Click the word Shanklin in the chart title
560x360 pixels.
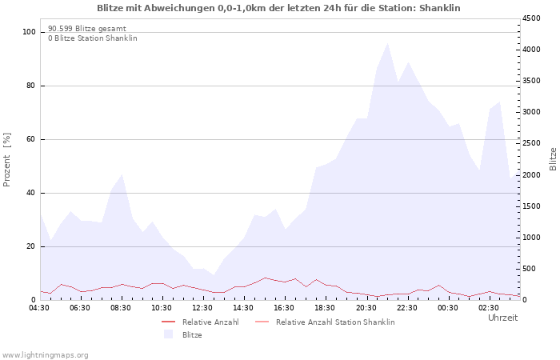click(x=440, y=8)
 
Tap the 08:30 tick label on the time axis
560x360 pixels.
click(x=121, y=308)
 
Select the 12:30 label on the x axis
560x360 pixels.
click(x=202, y=308)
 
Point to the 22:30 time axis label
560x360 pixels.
click(x=407, y=308)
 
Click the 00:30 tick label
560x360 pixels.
click(x=448, y=308)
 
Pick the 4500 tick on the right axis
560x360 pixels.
click(x=531, y=18)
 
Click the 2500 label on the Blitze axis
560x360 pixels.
click(x=531, y=143)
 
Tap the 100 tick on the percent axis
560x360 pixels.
click(x=30, y=32)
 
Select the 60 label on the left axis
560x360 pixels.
click(x=30, y=139)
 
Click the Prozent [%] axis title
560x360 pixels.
click(x=6, y=160)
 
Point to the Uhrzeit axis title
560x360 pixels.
click(x=503, y=318)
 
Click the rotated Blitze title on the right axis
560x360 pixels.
click(x=553, y=159)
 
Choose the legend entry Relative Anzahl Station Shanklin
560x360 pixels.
click(x=325, y=322)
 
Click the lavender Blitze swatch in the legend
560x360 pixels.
click(x=168, y=334)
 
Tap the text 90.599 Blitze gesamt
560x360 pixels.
click(x=87, y=29)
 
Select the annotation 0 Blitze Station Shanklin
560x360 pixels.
click(x=93, y=38)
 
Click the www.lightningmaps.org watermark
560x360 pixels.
click(x=45, y=355)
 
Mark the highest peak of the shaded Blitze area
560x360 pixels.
click(x=387, y=43)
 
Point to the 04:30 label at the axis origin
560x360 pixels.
click(x=39, y=308)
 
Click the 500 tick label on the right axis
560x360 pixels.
click(x=530, y=269)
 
